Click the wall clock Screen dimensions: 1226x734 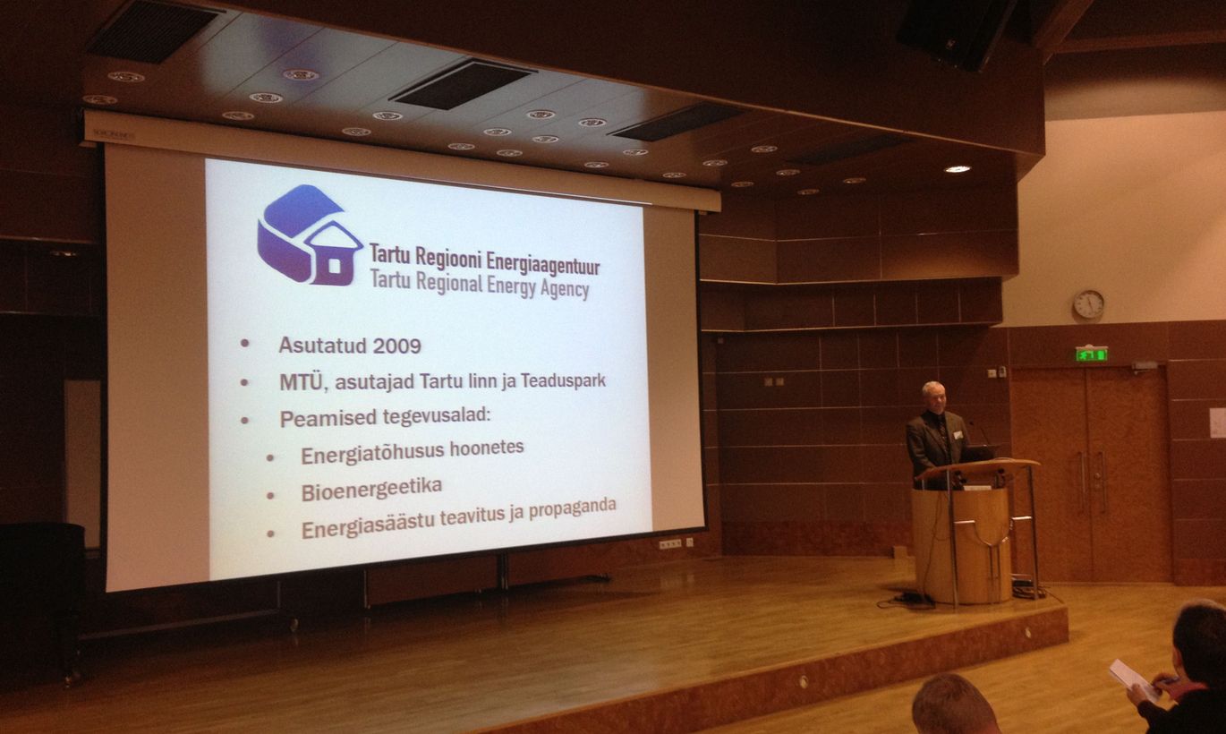tap(1088, 304)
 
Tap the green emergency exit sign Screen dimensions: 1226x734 tap(1092, 354)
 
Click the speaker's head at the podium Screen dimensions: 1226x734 tap(933, 397)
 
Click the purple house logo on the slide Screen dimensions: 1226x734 tap(310, 235)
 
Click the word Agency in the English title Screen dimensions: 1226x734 tap(565, 289)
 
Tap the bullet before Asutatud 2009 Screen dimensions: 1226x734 tap(244, 343)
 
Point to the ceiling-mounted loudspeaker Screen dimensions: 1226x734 tap(956, 34)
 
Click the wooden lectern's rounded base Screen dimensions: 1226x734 tap(962, 544)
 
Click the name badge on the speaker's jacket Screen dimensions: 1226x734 tap(958, 435)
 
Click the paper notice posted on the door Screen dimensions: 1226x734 tap(1217, 422)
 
